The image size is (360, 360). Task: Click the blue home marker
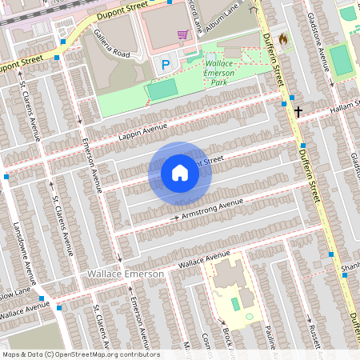coord(180,173)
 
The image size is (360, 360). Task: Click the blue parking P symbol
coord(166,65)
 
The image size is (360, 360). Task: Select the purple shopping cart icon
coord(183,34)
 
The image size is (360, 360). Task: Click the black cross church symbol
coord(298,111)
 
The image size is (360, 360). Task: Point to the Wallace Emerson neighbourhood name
coord(125,274)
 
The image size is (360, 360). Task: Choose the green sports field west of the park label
coord(162,90)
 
